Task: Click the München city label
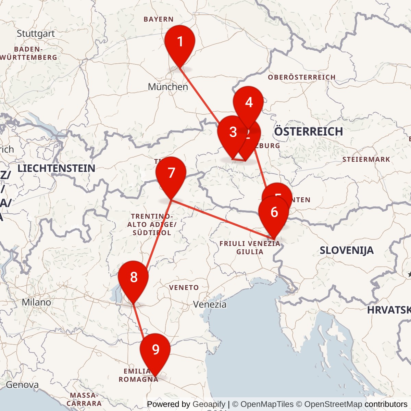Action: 168,87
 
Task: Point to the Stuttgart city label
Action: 36,34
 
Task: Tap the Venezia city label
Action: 210,304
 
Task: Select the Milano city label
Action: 36,302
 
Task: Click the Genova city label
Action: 22,385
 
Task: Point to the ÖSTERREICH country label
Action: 308,132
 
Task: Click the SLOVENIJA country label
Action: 346,250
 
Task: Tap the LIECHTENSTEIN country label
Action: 56,168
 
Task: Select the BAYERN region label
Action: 159,20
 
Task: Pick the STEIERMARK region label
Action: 366,160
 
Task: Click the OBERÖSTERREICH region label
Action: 301,77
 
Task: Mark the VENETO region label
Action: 184,288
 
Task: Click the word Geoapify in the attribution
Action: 209,404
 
